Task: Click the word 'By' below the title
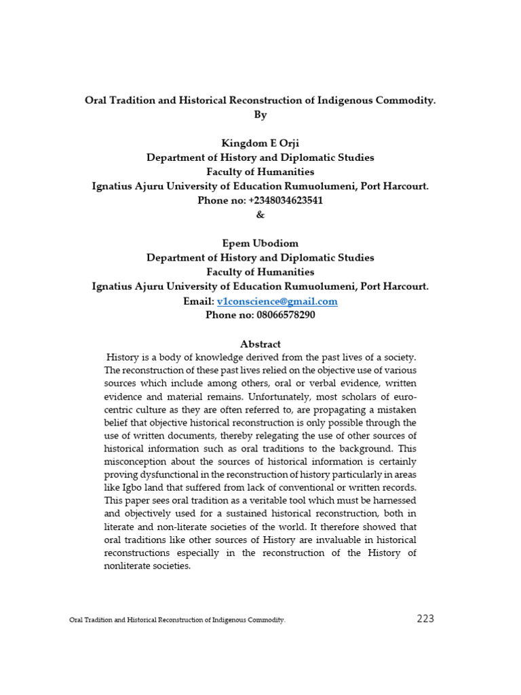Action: tap(260, 115)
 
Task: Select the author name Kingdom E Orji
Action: tap(260, 143)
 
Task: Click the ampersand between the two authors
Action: tap(260, 214)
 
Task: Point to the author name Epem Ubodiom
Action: tap(260, 243)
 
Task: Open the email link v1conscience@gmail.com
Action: tap(277, 301)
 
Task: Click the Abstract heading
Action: tap(260, 344)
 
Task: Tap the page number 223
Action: tap(425, 618)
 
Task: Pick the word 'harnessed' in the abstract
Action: tap(394, 500)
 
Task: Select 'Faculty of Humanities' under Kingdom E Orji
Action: tap(260, 172)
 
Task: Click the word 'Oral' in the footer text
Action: tap(76, 620)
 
